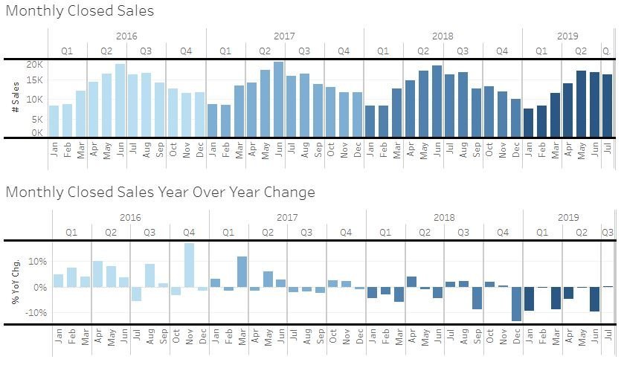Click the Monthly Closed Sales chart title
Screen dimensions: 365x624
(80, 11)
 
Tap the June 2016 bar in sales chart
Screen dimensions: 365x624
(120, 100)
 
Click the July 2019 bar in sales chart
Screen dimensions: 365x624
(607, 106)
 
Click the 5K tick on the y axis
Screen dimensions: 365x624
(37, 119)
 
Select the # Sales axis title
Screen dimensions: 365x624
(15, 100)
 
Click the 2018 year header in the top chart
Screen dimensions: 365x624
(443, 36)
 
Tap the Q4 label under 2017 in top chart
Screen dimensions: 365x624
(344, 51)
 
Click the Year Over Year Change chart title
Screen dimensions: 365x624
(160, 193)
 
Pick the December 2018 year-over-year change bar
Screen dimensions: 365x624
(515, 304)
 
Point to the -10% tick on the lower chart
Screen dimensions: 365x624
(35, 313)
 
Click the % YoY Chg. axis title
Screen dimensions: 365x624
(15, 283)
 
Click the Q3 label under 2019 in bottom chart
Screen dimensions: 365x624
(607, 233)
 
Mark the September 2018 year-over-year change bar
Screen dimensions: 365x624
(477, 298)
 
